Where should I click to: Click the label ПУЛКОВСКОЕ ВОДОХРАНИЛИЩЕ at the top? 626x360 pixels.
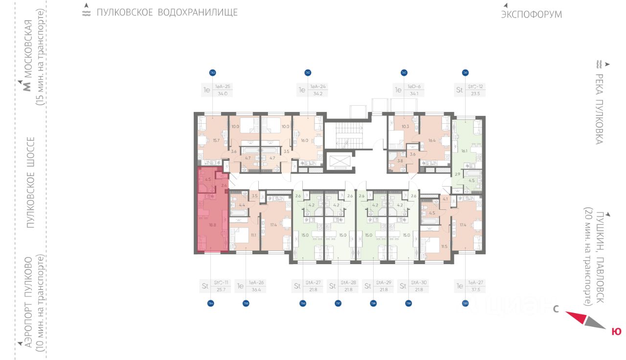point(167,13)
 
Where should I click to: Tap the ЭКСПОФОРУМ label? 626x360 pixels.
point(531,15)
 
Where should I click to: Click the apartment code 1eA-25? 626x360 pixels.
point(223,87)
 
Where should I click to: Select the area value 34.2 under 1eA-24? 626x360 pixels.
point(318,93)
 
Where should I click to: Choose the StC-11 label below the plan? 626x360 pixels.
point(222,282)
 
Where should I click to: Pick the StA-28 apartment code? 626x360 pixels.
point(348,282)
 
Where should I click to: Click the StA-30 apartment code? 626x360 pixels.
point(418,282)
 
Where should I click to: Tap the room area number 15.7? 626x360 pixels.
point(216,140)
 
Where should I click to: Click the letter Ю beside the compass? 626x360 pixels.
point(616,332)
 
